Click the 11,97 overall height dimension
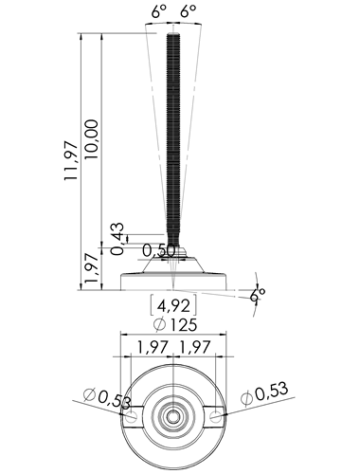click(71, 161)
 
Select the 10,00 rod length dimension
click(92, 139)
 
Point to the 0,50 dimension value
click(158, 250)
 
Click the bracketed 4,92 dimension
click(173, 305)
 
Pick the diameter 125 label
click(174, 324)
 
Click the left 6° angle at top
click(158, 12)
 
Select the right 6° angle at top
click(189, 12)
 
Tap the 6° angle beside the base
click(258, 296)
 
